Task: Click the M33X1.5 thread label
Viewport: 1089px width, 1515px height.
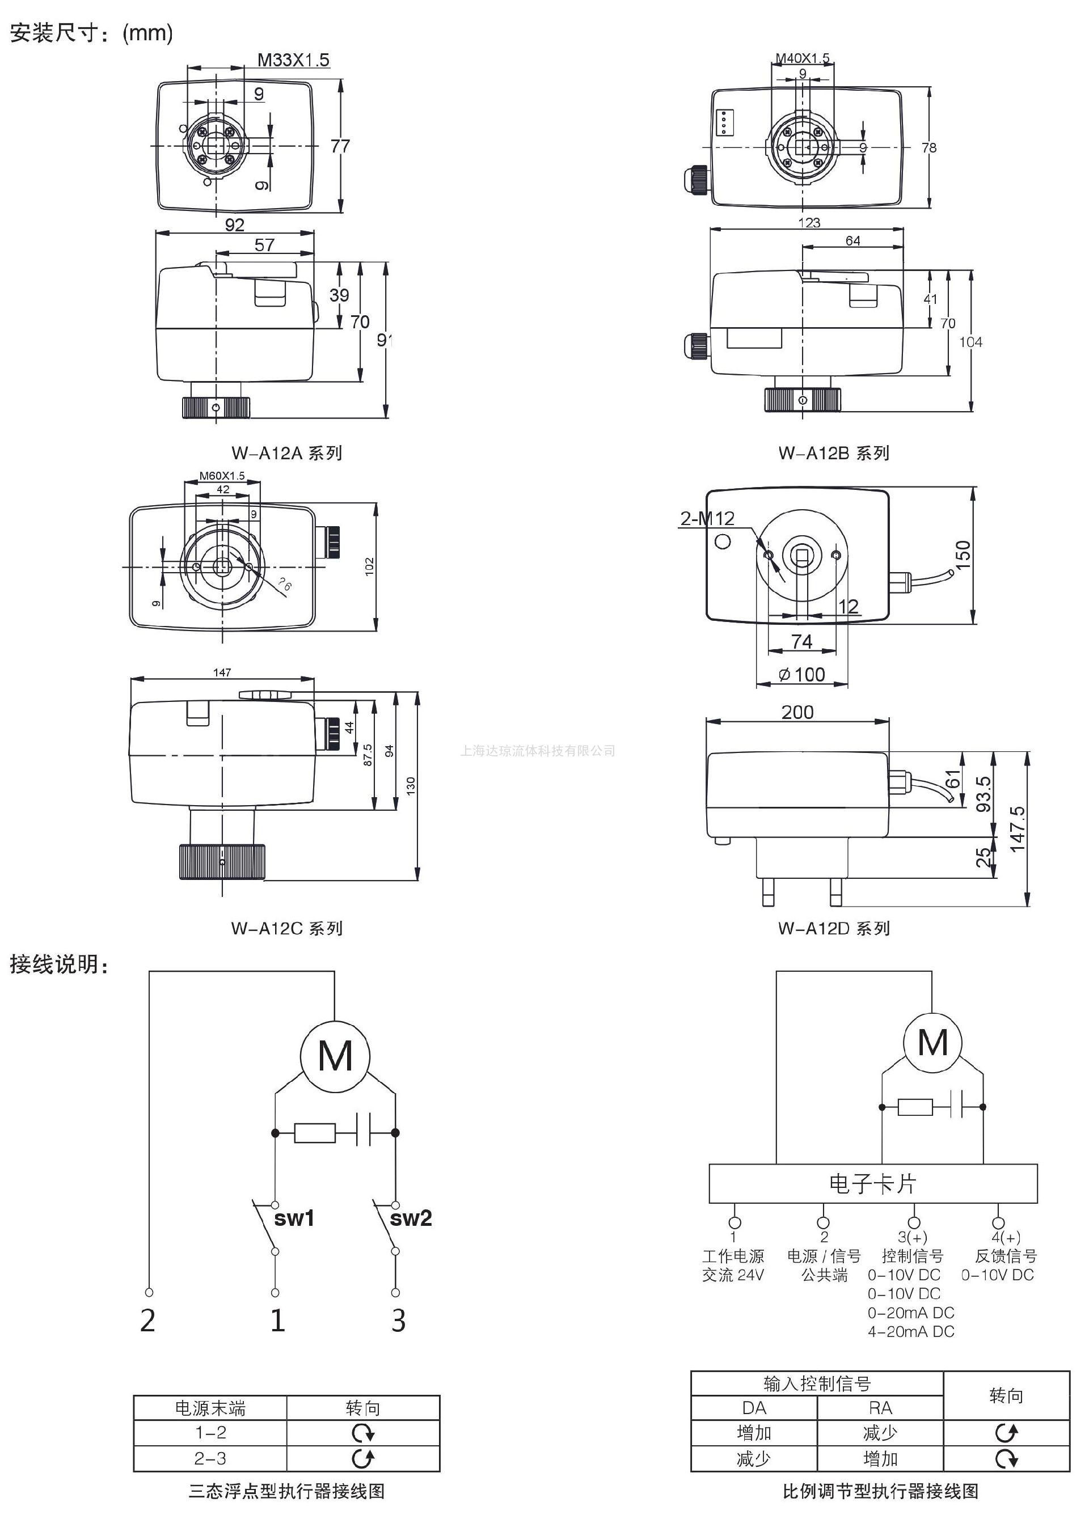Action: (x=293, y=60)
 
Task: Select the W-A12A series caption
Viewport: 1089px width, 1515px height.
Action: (x=286, y=453)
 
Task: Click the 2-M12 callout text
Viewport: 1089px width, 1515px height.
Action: (x=707, y=518)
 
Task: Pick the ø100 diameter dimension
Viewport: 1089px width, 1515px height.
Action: (x=801, y=675)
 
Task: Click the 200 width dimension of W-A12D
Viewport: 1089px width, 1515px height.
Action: (x=797, y=712)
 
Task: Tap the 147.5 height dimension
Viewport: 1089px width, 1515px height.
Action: (x=1017, y=829)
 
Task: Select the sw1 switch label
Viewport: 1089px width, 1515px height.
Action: (x=294, y=1219)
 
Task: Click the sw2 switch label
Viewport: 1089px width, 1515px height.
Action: (x=411, y=1219)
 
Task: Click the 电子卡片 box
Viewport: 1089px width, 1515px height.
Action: (x=872, y=1184)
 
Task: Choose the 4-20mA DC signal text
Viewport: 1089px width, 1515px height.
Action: (x=910, y=1331)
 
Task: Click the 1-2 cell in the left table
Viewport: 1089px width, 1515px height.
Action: (x=210, y=1432)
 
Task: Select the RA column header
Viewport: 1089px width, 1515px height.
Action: (x=880, y=1408)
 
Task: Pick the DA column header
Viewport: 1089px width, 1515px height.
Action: (x=754, y=1408)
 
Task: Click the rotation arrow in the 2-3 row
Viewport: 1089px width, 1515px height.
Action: (x=363, y=1458)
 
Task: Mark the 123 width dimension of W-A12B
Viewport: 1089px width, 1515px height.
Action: (x=809, y=223)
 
